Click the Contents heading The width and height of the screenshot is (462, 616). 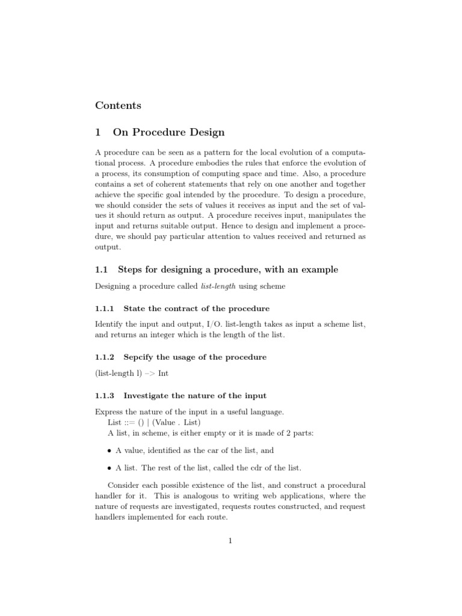tap(118, 105)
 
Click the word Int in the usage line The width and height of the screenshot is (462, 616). tap(163, 373)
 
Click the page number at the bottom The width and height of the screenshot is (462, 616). tap(230, 541)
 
